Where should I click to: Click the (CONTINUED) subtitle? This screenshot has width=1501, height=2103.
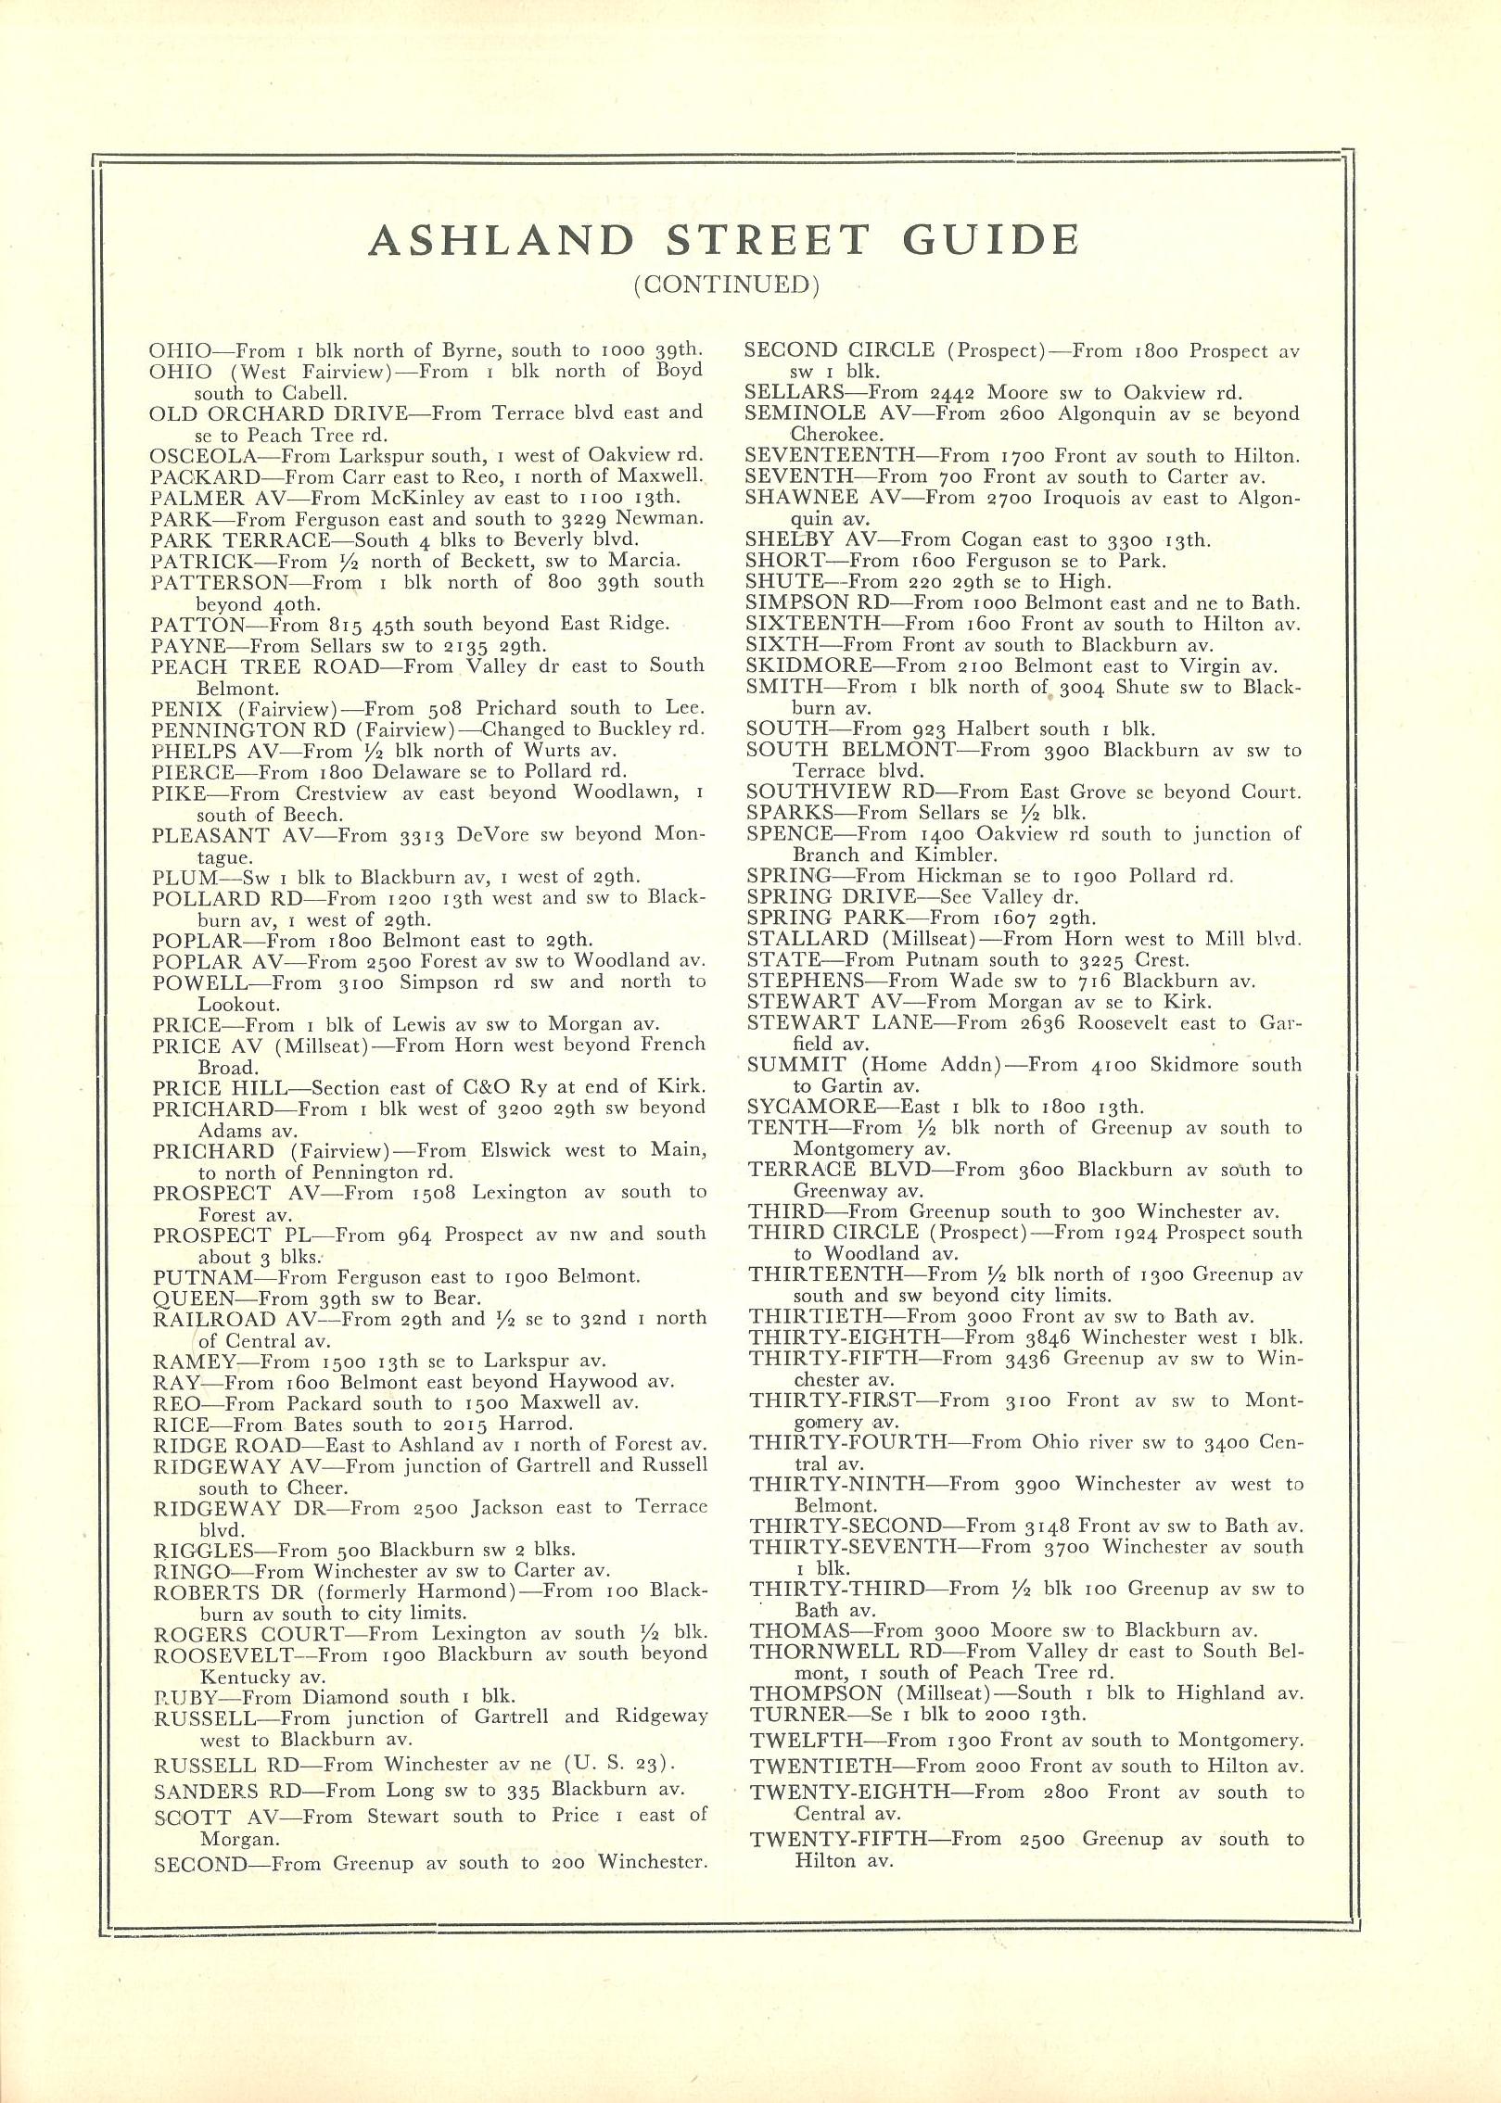727,285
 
